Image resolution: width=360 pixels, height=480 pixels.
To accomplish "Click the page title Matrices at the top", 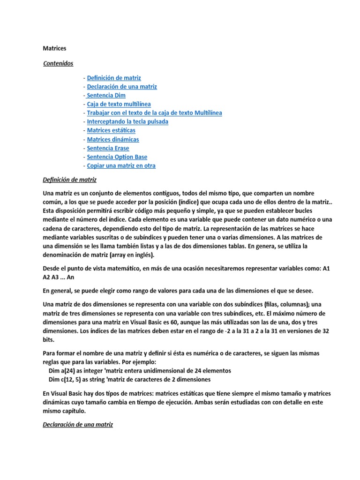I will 55,48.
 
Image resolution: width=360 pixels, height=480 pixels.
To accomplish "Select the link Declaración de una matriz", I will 122,87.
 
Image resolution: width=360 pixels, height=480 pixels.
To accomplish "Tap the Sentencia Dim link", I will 106,95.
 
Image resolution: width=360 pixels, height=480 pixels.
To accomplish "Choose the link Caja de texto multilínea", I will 119,104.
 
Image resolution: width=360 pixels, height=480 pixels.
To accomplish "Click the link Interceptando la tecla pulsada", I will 127,121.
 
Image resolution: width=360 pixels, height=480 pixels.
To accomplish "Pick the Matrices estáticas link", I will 111,130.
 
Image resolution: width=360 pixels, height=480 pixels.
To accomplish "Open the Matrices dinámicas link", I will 113,139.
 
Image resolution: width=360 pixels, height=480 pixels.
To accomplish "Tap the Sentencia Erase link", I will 108,148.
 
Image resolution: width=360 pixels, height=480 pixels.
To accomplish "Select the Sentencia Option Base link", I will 117,157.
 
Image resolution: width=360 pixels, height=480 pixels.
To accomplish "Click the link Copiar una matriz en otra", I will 121,165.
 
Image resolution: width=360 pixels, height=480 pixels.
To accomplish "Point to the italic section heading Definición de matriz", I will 69,180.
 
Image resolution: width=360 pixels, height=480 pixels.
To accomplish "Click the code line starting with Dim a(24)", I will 140,370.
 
